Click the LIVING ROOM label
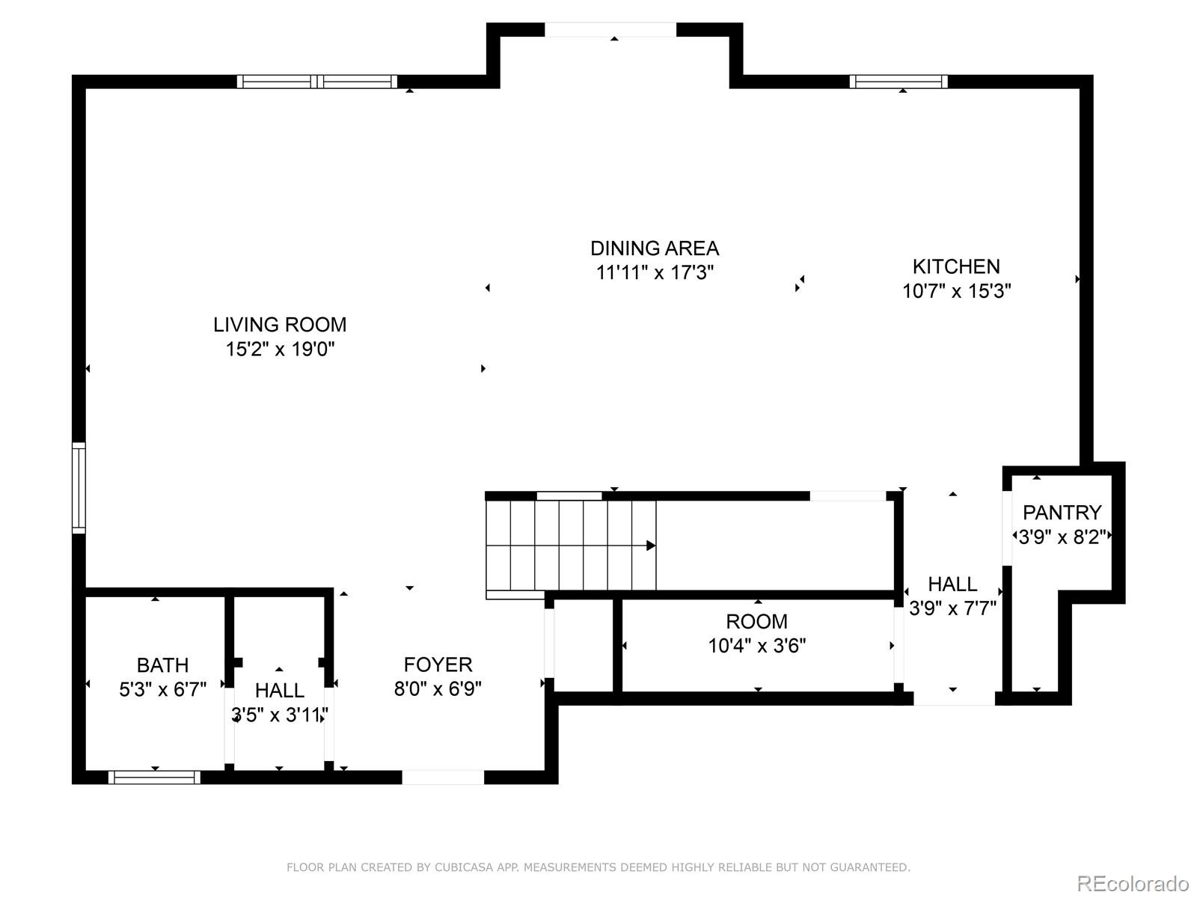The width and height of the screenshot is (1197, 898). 280,325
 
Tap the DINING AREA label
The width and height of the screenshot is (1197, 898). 655,248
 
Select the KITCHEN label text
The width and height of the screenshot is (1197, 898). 957,267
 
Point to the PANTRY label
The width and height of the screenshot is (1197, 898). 1062,513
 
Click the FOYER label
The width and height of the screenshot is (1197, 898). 438,665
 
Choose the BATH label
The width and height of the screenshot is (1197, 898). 162,666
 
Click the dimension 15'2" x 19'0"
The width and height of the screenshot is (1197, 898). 280,349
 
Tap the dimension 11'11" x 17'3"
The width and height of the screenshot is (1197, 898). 655,272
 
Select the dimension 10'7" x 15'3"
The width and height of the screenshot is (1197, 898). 957,291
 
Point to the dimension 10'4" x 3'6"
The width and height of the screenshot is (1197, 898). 757,646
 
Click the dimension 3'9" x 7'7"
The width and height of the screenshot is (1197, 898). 952,608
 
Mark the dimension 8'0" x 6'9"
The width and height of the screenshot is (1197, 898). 438,689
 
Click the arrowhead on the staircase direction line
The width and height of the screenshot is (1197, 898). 651,546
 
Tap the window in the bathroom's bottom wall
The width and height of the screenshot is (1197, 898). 154,778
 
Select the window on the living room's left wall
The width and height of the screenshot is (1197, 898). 79,487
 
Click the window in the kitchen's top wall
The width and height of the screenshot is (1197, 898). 898,82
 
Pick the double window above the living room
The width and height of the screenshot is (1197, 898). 317,82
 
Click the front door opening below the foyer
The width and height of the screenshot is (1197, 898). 443,778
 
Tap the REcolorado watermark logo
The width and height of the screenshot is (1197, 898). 1133,884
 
